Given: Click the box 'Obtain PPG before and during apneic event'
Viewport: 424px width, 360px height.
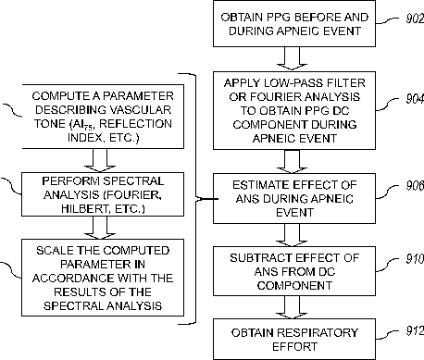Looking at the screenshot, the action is (x=294, y=24).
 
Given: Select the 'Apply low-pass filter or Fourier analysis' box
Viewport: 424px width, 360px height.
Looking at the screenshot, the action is (x=294, y=111).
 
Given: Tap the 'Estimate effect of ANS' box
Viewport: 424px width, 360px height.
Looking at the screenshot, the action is (x=294, y=198).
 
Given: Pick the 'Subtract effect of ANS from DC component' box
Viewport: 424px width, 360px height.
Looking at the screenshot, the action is (x=294, y=271).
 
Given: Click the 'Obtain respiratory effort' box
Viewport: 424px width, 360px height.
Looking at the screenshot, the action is (x=294, y=340).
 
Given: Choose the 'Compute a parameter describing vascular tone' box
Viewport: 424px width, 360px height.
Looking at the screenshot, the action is (x=103, y=117).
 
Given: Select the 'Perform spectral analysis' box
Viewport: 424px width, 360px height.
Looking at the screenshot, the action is (x=103, y=194).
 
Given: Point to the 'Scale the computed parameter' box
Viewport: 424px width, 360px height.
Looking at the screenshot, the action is (x=103, y=278).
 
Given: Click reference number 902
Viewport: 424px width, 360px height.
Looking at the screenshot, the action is (x=415, y=19).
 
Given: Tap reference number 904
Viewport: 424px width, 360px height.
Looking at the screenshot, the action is (x=415, y=99).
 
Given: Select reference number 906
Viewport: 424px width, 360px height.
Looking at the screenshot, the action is (x=415, y=185).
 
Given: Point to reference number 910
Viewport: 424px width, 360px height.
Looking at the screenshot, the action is (x=415, y=258).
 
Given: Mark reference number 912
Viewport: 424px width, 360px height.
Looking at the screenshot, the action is (x=415, y=331).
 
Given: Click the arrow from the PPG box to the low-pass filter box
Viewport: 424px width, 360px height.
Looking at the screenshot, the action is (x=292, y=58).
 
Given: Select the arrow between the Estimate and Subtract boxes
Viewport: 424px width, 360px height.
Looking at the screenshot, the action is (x=292, y=235).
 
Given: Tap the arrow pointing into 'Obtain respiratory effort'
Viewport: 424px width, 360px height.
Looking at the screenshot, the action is (x=292, y=307).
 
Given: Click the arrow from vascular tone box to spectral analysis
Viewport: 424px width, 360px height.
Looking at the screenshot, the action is (x=100, y=160).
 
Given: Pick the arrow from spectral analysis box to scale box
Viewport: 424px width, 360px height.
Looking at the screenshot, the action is (x=100, y=228).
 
